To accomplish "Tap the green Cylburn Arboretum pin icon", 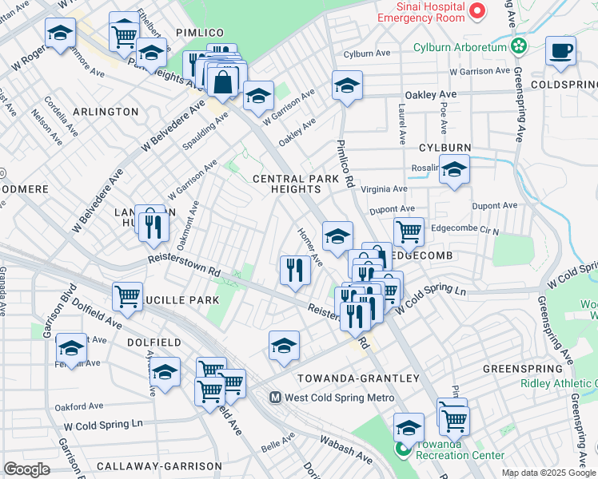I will pos(520,47).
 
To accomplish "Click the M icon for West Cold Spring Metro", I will pos(274,397).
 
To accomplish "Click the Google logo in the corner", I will pos(26,469).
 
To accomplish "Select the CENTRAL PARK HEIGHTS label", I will pos(287,184).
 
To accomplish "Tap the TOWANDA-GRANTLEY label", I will pos(358,378).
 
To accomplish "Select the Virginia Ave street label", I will pos(384,189).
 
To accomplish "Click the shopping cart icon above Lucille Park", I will pos(127,297).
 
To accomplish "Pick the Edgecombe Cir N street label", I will pos(464,228).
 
